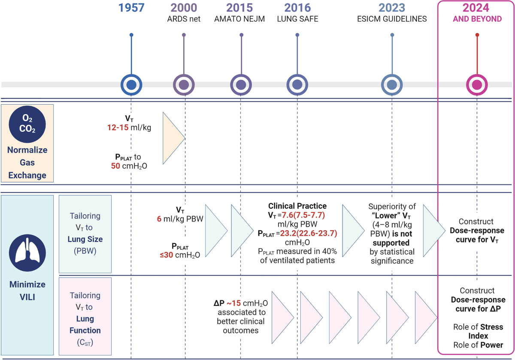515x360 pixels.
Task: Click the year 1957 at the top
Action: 131,8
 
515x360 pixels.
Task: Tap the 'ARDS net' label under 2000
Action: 184,19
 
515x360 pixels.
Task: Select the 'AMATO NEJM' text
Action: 241,19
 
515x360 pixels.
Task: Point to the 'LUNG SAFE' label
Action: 297,19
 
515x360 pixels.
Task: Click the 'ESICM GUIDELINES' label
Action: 391,19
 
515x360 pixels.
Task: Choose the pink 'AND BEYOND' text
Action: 477,19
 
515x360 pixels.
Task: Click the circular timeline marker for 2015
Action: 241,85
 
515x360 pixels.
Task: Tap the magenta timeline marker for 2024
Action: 477,85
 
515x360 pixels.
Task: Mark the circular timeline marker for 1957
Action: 131,85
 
